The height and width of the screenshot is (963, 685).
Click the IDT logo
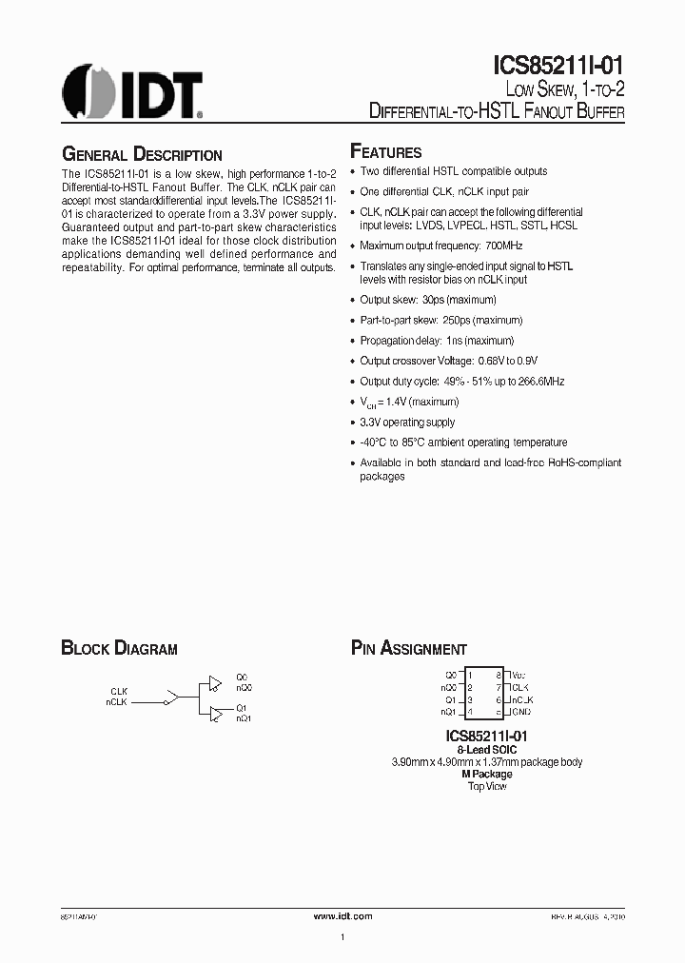132,91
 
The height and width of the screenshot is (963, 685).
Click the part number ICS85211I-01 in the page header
558,66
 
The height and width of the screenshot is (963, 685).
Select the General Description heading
142,154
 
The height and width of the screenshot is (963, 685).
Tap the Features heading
386,151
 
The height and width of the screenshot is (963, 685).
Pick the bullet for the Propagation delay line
353,341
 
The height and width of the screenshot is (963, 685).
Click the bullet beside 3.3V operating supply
353,423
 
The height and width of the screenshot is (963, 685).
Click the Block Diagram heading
119,649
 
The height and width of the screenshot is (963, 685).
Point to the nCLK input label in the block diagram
117,701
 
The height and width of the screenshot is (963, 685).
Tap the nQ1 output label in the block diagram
244,717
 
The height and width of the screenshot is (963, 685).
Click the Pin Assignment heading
409,649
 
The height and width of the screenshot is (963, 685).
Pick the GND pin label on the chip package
520,711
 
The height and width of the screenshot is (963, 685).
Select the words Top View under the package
487,786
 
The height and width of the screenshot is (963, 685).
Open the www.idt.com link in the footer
342,914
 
